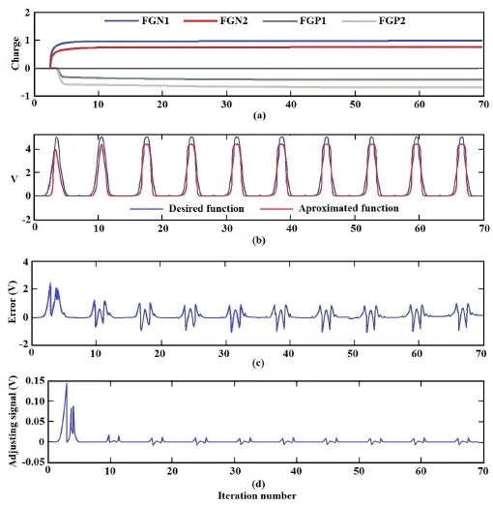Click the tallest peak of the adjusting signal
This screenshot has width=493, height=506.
coord(67,385)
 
